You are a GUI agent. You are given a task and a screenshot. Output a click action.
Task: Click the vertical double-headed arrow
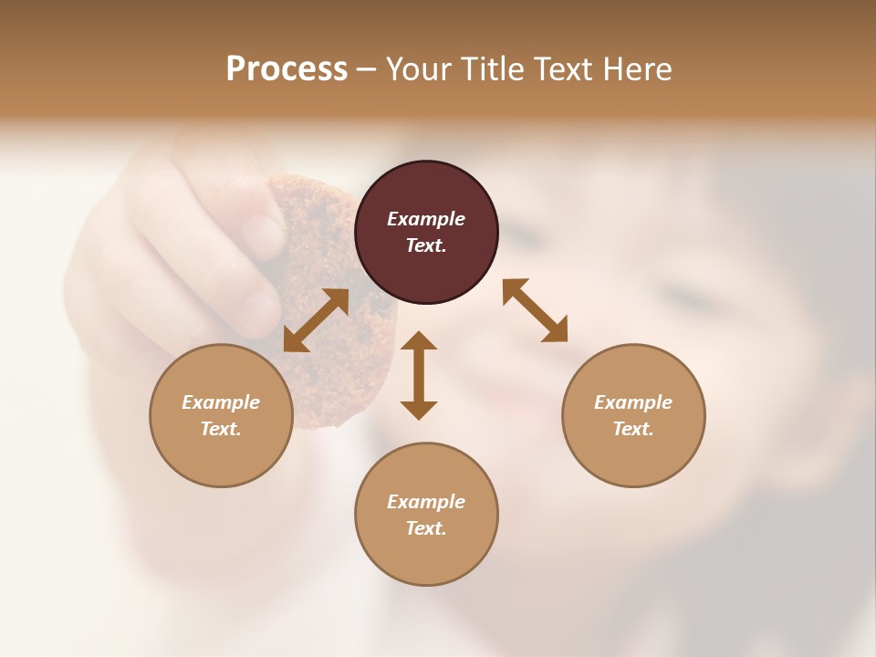pyautogui.click(x=419, y=376)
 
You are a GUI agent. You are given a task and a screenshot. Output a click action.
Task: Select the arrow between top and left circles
pyautogui.click(x=316, y=320)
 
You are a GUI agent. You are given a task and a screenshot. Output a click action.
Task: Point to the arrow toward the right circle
pyautogui.click(x=536, y=311)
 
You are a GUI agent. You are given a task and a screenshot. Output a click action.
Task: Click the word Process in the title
pyautogui.click(x=287, y=69)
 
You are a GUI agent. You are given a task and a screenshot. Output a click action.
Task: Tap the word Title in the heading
pyautogui.click(x=494, y=69)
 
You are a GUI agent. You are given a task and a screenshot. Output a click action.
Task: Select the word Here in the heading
pyautogui.click(x=638, y=69)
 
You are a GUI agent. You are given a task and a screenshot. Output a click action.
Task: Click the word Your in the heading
pyautogui.click(x=418, y=69)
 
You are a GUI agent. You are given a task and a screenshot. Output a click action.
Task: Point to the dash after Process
pyautogui.click(x=367, y=69)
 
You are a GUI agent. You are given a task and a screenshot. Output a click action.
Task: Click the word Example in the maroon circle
pyautogui.click(x=426, y=219)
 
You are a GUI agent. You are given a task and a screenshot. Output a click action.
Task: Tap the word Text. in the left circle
pyautogui.click(x=221, y=429)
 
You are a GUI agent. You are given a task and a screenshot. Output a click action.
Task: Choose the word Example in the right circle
pyautogui.click(x=633, y=402)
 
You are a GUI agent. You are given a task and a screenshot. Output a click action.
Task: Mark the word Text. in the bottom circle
pyautogui.click(x=426, y=528)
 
